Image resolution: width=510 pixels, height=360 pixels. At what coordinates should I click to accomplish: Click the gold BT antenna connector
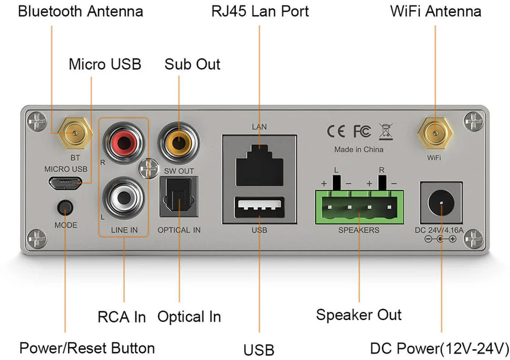coord(75,133)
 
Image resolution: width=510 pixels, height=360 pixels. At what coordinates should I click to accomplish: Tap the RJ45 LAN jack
coord(259,163)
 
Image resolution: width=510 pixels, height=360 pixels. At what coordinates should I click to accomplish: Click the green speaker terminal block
coord(359,207)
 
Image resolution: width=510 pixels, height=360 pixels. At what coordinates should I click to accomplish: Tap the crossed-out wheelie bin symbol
coord(385,131)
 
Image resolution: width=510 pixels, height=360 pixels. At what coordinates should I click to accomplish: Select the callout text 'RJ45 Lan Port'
coord(260,11)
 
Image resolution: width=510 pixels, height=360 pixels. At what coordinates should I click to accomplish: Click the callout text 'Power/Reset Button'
coord(87,348)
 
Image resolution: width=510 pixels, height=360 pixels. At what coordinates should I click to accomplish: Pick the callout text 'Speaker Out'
coord(359,314)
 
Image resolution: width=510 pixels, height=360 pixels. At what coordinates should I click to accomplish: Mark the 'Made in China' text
coord(359,150)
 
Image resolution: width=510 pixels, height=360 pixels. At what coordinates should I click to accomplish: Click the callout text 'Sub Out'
coord(192,64)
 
